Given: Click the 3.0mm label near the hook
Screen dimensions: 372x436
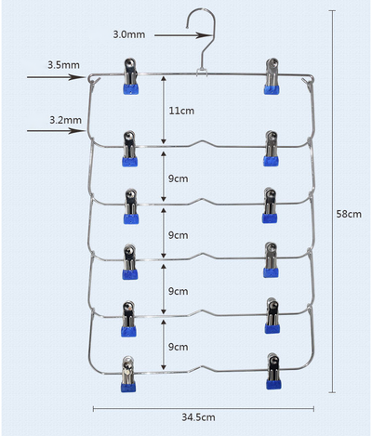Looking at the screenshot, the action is [x=129, y=34].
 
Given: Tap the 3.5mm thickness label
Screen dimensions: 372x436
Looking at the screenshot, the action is [x=63, y=65].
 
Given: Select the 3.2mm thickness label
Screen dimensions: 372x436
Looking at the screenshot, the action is [x=66, y=120].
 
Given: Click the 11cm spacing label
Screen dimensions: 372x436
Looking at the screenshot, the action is [x=181, y=111].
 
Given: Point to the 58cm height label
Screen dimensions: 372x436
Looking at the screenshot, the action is [x=349, y=214].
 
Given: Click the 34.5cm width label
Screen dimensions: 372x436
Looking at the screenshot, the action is [x=198, y=417].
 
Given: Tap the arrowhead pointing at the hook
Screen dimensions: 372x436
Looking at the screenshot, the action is [x=204, y=35].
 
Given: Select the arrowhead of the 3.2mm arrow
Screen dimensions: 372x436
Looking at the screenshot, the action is [x=76, y=131].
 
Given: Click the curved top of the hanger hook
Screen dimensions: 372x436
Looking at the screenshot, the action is [x=200, y=10].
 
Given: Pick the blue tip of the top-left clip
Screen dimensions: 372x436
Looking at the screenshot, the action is [x=131, y=89].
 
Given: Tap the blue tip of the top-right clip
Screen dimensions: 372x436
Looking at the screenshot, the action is [x=272, y=89].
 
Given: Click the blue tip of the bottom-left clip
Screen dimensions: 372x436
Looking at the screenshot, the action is [x=128, y=387].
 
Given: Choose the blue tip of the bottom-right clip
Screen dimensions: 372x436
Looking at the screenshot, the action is [x=273, y=384].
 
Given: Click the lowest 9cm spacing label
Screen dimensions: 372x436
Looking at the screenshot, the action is [x=179, y=347].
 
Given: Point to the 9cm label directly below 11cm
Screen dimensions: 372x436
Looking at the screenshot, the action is [x=179, y=178].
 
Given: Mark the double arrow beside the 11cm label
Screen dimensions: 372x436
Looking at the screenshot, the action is [x=164, y=110].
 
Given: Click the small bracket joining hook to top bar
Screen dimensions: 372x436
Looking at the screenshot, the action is [x=202, y=73].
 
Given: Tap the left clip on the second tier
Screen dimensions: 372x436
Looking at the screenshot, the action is [x=129, y=149].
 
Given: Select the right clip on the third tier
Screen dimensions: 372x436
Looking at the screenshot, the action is [x=270, y=205].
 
